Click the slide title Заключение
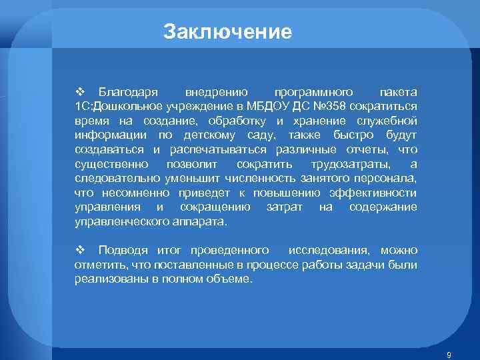pyautogui.click(x=227, y=32)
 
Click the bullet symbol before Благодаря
pyautogui.click(x=79, y=91)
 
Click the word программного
pyautogui.click(x=308, y=91)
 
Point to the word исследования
pyautogui.click(x=329, y=251)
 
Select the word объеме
pyautogui.click(x=231, y=279)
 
